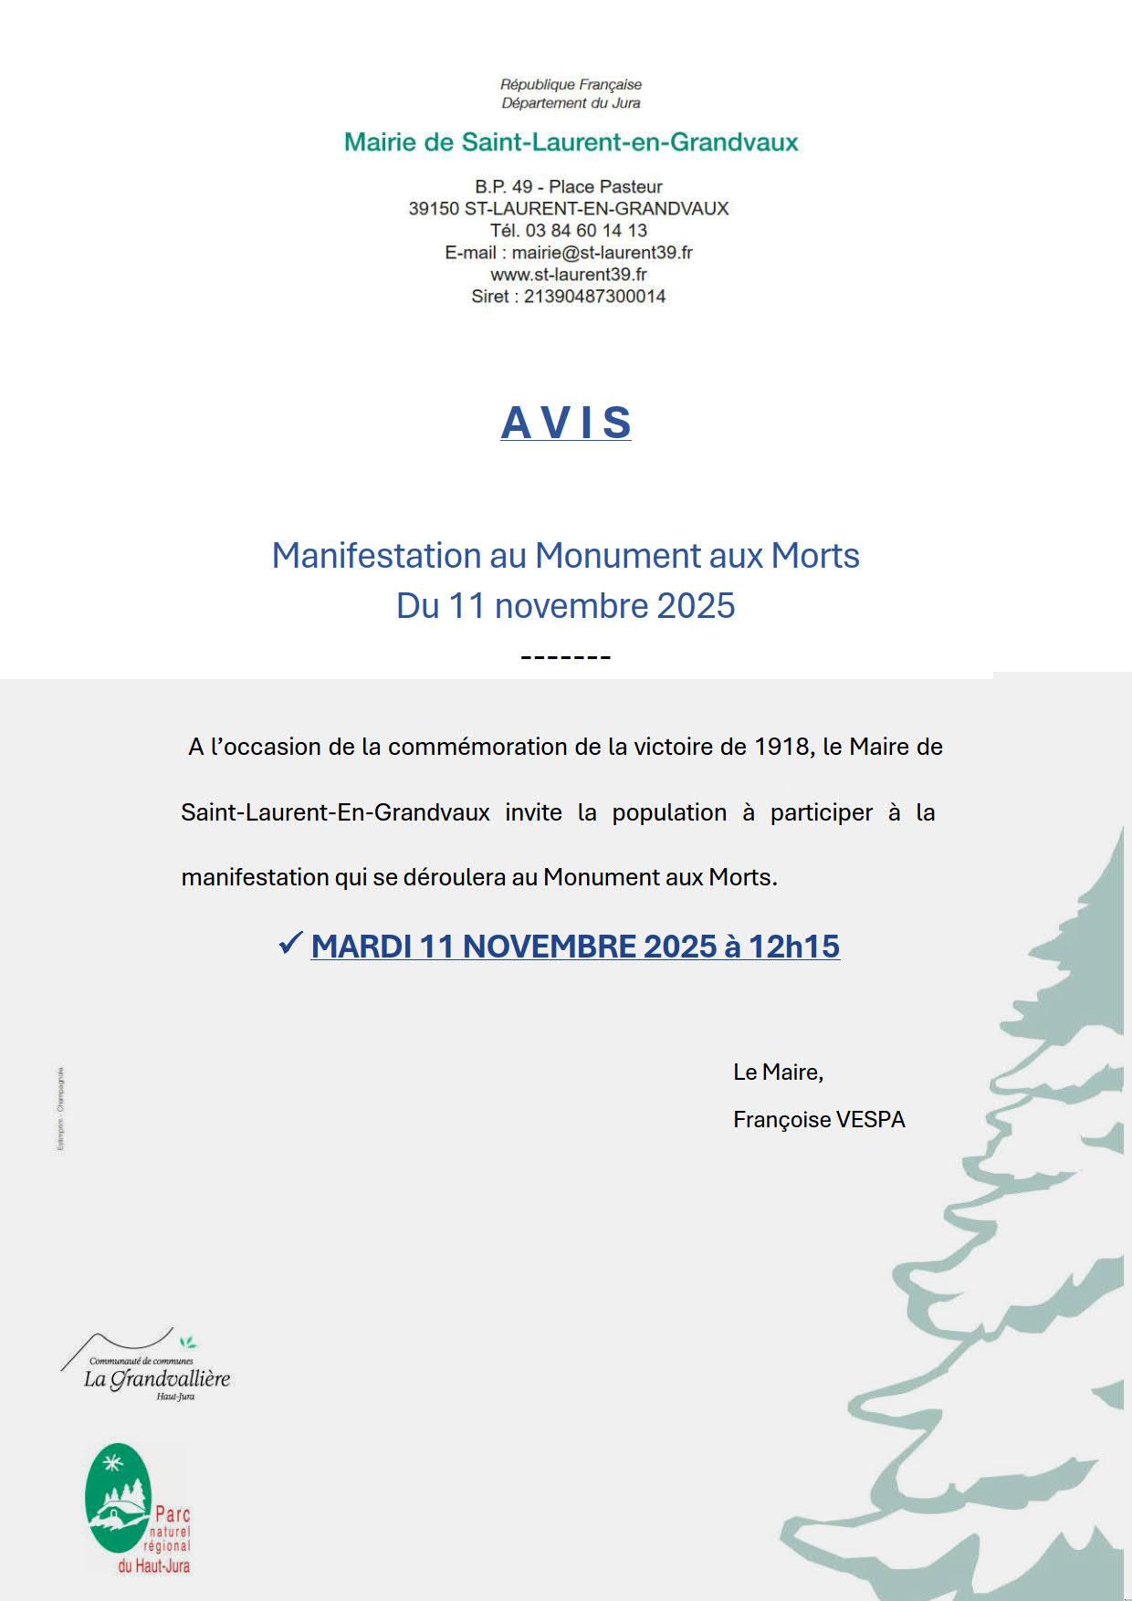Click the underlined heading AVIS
point(566,423)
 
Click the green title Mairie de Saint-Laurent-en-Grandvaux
point(571,142)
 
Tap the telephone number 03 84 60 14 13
point(586,231)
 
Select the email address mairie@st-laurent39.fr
point(602,253)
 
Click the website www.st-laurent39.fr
point(569,275)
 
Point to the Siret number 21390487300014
point(594,297)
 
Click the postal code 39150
point(434,209)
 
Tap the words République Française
point(571,85)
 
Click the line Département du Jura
point(571,103)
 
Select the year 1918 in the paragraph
point(782,748)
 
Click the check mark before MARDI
point(290,944)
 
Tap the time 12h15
point(793,947)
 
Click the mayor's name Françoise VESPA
point(819,1120)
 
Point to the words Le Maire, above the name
point(778,1073)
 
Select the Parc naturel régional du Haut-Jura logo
point(137,1508)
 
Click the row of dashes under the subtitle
point(565,657)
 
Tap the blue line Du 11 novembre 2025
point(565,606)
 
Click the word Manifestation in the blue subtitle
point(376,556)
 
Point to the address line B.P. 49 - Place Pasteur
point(568,187)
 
